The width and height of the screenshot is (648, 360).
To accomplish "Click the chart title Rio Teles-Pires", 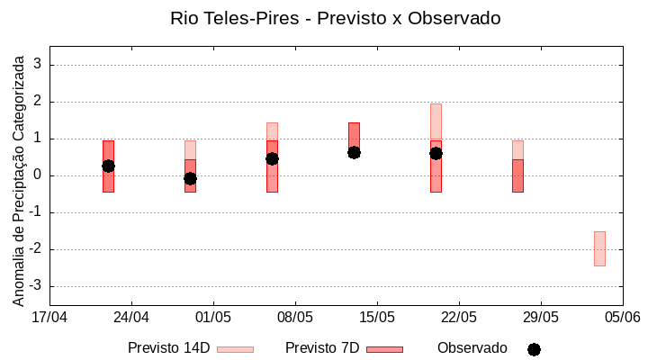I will coord(336,18).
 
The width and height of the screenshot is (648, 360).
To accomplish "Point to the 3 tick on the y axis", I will coord(38,65).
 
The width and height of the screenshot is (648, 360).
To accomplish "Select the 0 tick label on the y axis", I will coord(38,175).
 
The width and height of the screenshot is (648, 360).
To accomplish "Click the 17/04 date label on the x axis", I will coord(49,318).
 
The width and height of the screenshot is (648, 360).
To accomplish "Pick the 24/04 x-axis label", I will coord(131,318).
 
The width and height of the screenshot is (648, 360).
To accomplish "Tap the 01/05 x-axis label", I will coord(213,318).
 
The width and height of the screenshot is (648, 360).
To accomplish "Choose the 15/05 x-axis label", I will coord(377,318).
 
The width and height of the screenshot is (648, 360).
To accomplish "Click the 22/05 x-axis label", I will coord(459,318).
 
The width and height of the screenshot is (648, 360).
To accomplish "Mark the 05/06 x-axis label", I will coord(622,318).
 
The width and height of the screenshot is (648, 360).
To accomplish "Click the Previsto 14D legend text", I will coord(168,348).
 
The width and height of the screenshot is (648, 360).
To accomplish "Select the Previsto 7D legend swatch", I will coord(384,349).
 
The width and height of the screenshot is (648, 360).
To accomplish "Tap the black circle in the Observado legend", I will coord(534,349).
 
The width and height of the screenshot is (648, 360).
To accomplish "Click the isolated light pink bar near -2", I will coord(599,248).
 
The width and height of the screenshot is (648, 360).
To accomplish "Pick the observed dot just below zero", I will coord(190,178).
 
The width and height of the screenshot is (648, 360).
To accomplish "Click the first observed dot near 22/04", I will coord(108,166).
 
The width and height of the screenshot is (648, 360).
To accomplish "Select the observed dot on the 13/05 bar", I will coord(354,152).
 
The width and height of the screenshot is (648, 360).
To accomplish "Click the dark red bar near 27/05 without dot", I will coord(517,175).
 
